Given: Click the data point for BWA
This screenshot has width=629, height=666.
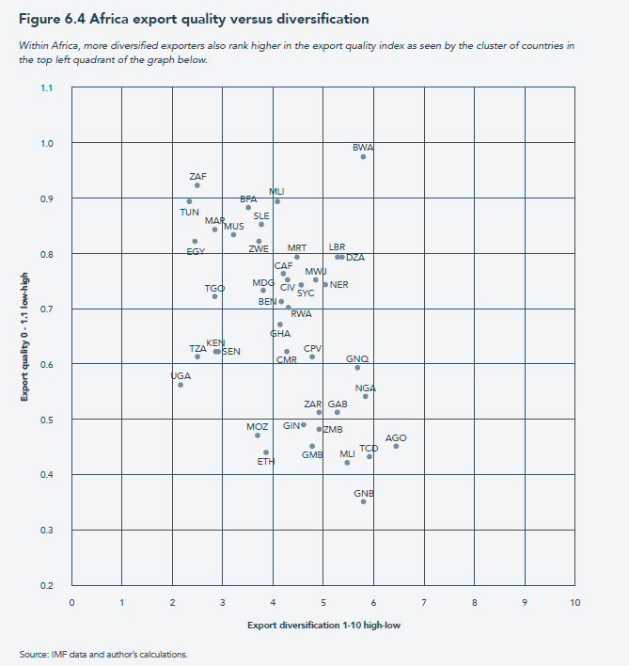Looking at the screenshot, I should pos(363,156).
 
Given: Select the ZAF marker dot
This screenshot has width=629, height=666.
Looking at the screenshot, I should pos(197,185).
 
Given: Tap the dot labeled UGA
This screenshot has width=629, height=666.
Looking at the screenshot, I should pos(181,385).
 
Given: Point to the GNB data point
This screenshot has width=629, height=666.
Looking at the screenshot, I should pos(364,501).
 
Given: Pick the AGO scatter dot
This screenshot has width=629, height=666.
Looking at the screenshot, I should pos(396,446).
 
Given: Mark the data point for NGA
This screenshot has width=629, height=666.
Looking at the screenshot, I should pos(366,396).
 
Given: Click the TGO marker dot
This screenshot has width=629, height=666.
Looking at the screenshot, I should pos(214,296).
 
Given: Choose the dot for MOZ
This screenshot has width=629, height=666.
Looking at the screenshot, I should pos(258,436).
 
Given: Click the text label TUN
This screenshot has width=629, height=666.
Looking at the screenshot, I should pos(190,212).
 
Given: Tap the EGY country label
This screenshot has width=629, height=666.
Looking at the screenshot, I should pos(196,251).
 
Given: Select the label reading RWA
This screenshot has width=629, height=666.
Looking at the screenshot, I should pos(301,314).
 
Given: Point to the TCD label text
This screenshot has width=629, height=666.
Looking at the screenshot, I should pos(369,448).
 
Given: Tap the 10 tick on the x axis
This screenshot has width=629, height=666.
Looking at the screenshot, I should pos(574,603).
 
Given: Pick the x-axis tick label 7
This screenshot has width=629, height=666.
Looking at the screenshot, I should pos(424,603).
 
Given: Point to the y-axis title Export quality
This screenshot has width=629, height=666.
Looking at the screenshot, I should pos(25,336).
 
